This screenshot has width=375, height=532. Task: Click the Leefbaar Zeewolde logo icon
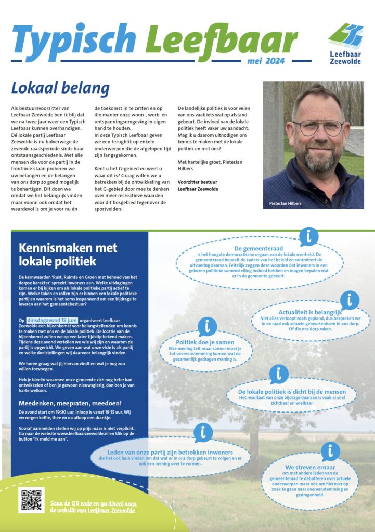(x=346, y=35)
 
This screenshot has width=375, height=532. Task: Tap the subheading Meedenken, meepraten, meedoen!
(x=70, y=403)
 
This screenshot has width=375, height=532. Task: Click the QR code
(x=31, y=500)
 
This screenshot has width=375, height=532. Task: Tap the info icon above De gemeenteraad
(x=309, y=236)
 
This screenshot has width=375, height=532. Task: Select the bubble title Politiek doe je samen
(x=205, y=342)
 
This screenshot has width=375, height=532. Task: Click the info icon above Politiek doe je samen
(x=208, y=326)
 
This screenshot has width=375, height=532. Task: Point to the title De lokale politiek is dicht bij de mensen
(x=292, y=391)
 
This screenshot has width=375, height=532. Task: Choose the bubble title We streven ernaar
(x=311, y=467)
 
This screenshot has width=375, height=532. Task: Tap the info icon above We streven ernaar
(x=330, y=451)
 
